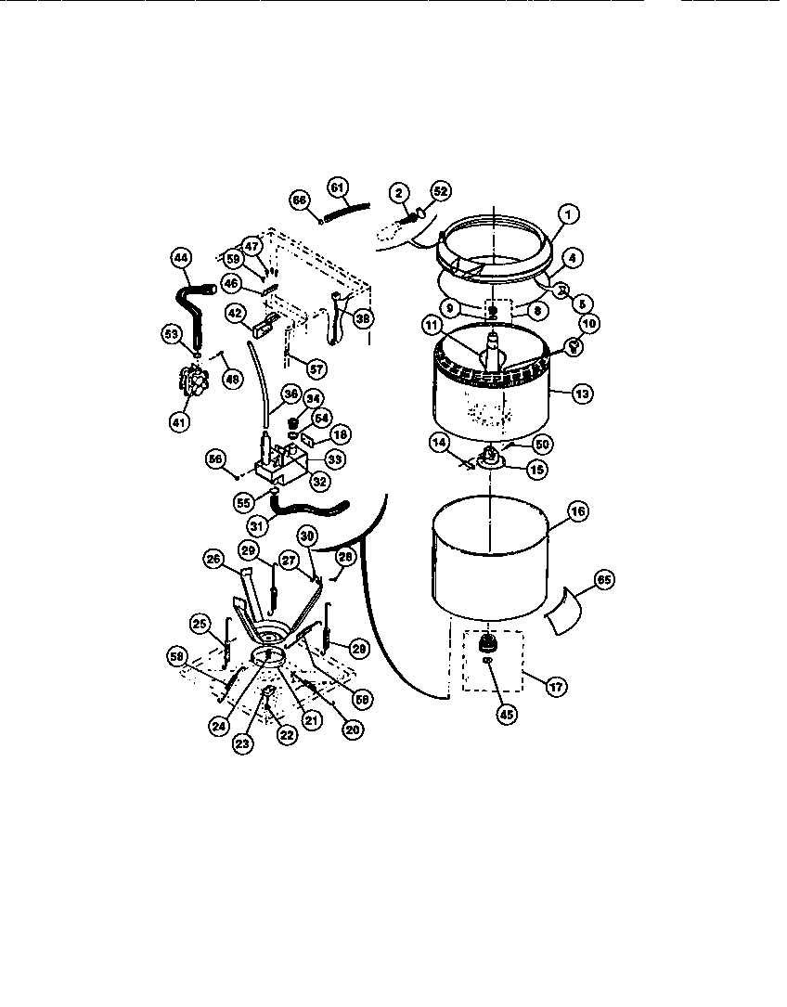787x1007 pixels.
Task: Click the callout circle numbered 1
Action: click(x=569, y=214)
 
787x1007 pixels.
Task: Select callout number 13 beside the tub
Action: click(x=582, y=394)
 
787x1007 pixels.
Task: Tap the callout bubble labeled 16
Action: click(x=577, y=511)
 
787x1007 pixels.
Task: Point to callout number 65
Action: click(x=603, y=579)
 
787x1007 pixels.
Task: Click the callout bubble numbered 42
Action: click(x=236, y=313)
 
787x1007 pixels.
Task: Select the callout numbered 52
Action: click(x=439, y=191)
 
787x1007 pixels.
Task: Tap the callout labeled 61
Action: click(x=339, y=187)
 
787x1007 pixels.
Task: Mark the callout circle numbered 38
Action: click(x=364, y=317)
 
